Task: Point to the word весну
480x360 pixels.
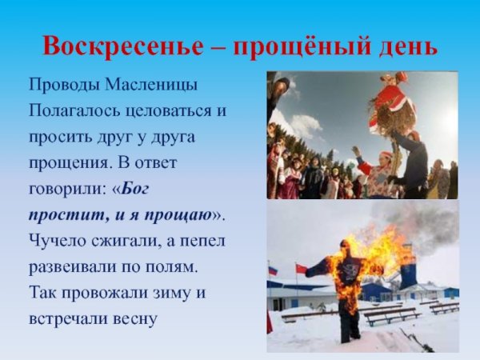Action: (x=135, y=319)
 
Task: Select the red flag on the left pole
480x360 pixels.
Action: (x=300, y=269)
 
